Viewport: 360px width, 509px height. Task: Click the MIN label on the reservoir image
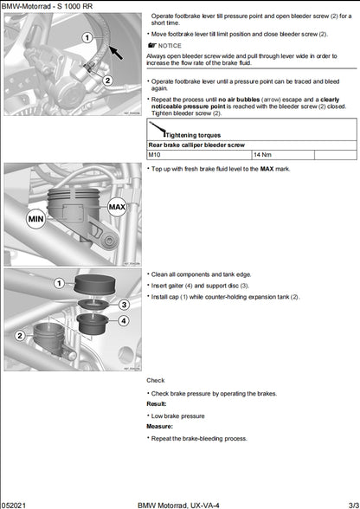click(35, 219)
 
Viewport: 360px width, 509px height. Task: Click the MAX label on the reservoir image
click(117, 208)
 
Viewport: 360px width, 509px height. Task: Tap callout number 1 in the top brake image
click(87, 38)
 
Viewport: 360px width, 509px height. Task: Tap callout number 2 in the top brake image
click(107, 81)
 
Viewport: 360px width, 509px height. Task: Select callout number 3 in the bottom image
click(124, 305)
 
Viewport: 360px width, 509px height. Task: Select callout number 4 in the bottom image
click(124, 321)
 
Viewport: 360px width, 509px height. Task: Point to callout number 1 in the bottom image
click(59, 283)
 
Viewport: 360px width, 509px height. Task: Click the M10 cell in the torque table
click(156, 154)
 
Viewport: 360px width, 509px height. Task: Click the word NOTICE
click(170, 44)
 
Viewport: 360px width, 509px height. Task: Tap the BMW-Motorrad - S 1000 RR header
click(44, 5)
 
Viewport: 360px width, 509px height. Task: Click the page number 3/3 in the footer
click(350, 503)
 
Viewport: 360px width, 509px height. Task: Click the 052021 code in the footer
click(16, 503)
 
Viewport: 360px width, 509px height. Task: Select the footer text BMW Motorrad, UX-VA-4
click(178, 503)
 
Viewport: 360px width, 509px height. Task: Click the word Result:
click(157, 403)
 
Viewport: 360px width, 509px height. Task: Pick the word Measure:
click(159, 426)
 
